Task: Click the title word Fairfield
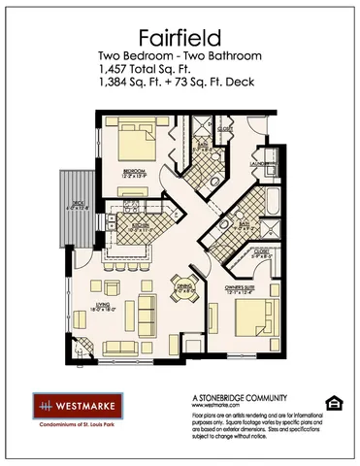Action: coord(180,38)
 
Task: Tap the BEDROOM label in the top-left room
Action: coord(133,170)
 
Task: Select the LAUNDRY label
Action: coord(260,165)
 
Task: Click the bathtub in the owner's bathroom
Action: coord(272,203)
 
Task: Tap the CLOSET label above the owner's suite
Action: coord(261,250)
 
